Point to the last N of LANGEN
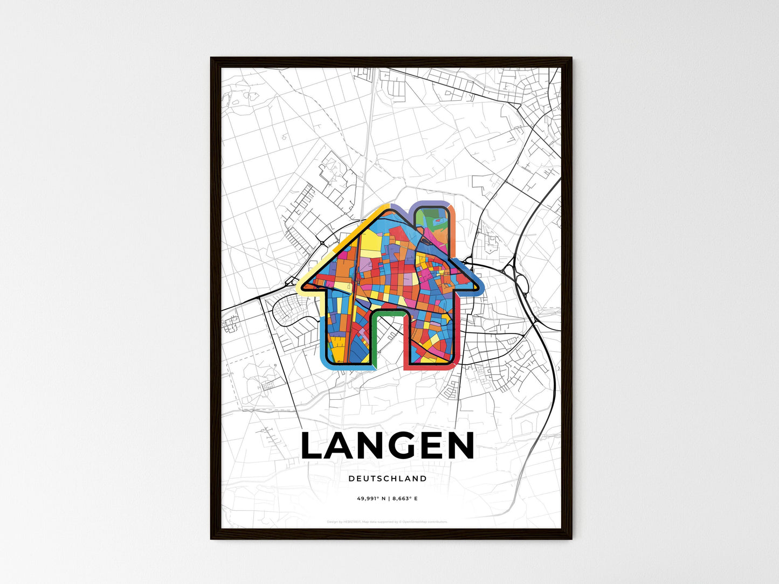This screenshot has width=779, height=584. tap(458, 446)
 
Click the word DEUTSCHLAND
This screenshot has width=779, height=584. tap(387, 478)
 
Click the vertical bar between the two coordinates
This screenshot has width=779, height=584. tap(389, 499)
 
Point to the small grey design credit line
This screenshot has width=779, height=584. tap(387, 522)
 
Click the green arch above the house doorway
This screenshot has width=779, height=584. tap(387, 312)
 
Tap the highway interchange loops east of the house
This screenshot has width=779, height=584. tap(521, 280)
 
